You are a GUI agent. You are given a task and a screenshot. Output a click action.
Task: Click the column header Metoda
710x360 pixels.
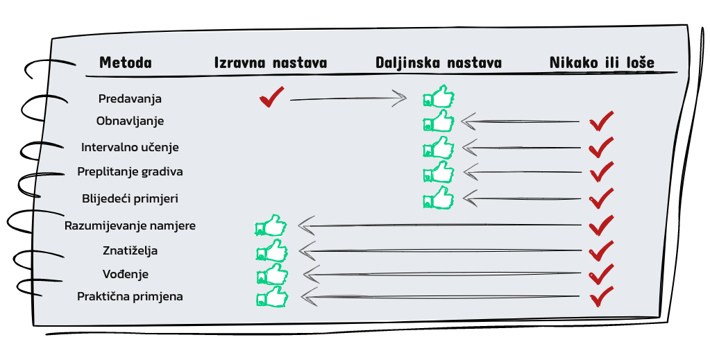click(x=125, y=62)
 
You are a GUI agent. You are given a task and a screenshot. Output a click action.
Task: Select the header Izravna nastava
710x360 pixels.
click(x=271, y=62)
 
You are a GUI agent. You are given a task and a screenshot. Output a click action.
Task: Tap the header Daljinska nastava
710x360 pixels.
click(x=439, y=62)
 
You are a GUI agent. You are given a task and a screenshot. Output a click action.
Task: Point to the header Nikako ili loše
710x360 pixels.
click(x=602, y=62)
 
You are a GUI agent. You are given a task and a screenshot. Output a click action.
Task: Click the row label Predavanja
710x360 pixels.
click(x=130, y=98)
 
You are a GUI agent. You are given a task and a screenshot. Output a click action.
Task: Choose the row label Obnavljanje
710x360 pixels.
click(x=130, y=121)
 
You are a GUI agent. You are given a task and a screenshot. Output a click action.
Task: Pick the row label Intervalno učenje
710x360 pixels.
click(x=130, y=147)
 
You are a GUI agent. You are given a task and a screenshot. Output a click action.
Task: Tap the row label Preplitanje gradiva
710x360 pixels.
click(x=130, y=171)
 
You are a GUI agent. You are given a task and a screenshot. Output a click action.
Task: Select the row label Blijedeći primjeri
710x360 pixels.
click(x=130, y=198)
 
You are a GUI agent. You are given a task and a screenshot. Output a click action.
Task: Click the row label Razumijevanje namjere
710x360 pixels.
click(x=130, y=225)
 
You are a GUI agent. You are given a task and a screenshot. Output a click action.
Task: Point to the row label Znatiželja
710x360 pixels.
click(x=130, y=250)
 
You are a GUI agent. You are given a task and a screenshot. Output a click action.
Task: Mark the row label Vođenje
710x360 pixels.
click(x=130, y=274)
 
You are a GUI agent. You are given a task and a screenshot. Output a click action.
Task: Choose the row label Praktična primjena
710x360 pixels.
click(x=130, y=296)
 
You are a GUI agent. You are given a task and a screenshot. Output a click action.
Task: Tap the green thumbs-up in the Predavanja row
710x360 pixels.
click(x=439, y=96)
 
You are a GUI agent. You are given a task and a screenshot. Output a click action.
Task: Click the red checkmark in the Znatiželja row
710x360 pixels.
click(x=601, y=250)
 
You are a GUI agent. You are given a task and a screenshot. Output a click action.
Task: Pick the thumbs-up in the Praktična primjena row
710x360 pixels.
click(x=271, y=297)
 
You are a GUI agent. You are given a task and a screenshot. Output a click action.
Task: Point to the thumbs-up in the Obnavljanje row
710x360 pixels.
click(x=439, y=121)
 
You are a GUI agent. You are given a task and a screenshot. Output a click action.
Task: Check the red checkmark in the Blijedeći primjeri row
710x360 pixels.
click(x=601, y=198)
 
